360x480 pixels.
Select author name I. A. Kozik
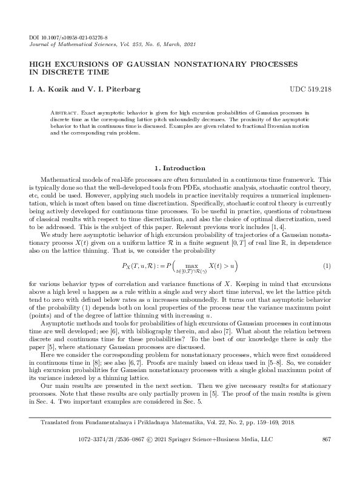coord(52,89)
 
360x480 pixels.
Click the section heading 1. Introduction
coord(179,168)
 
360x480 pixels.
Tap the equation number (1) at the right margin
coord(327,249)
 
